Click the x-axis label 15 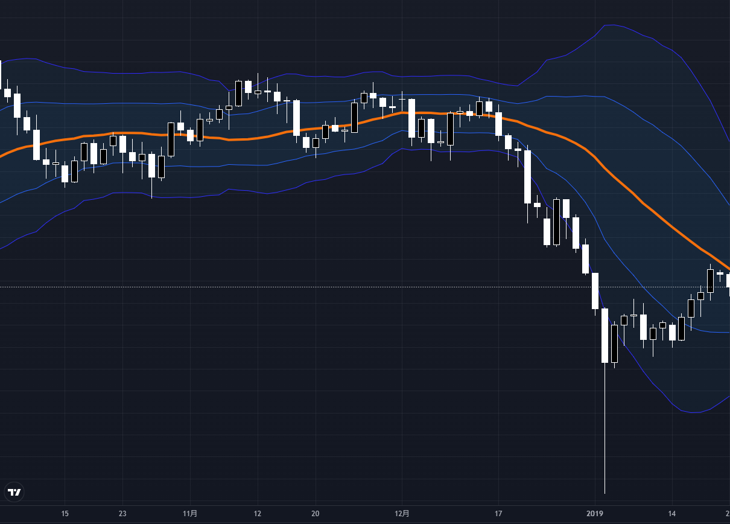click(x=65, y=514)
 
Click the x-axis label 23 click(x=122, y=514)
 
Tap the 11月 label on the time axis click(x=190, y=514)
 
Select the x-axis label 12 click(x=258, y=514)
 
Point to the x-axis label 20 click(x=315, y=514)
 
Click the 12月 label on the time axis click(x=402, y=514)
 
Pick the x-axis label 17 click(x=498, y=514)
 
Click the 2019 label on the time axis click(x=595, y=514)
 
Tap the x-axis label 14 click(x=672, y=514)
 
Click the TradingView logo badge click(x=14, y=493)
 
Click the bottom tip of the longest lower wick click(x=605, y=493)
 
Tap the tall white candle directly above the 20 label click(x=296, y=118)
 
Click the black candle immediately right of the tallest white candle click(x=614, y=343)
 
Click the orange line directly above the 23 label click(x=122, y=133)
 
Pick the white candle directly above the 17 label click(x=498, y=124)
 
